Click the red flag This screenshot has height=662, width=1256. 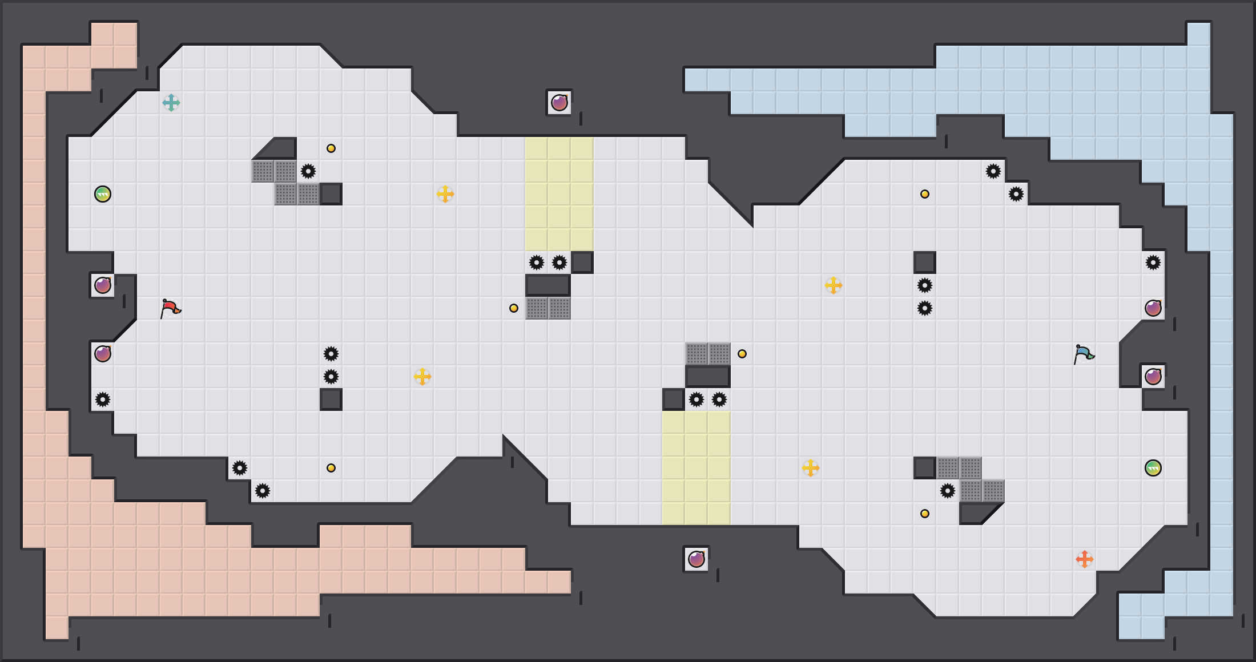click(170, 308)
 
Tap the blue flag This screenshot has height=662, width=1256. click(1084, 354)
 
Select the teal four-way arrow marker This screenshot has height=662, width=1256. click(171, 103)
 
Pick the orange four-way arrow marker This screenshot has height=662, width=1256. click(1085, 559)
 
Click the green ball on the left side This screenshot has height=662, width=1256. click(103, 194)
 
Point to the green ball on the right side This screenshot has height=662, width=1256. click(1153, 468)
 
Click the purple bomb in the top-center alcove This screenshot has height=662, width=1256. click(559, 103)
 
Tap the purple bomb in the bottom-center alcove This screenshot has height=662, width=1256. click(697, 559)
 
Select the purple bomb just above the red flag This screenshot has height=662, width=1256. click(103, 285)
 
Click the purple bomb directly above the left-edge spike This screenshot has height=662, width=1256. click(103, 354)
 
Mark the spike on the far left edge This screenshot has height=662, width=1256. click(103, 399)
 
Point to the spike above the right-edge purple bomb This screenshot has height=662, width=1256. click(1153, 263)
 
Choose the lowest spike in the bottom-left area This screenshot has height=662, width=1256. click(263, 491)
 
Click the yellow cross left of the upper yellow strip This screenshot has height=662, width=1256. click(445, 194)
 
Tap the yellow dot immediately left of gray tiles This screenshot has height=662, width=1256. click(514, 308)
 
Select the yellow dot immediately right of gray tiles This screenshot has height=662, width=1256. click(742, 354)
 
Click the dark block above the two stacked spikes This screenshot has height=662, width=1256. click(925, 263)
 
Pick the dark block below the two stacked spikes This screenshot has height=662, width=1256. click(331, 399)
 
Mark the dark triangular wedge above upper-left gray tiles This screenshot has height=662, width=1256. click(280, 150)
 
